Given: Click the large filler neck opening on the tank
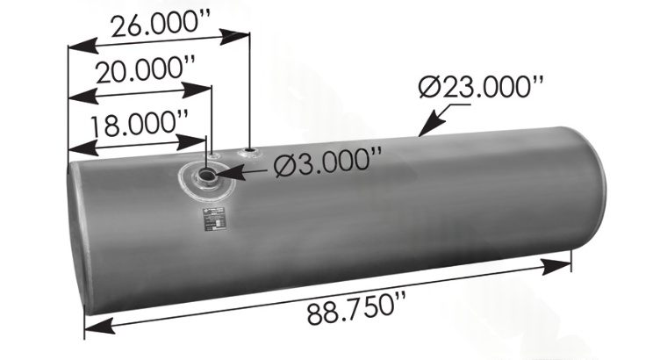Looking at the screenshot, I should point(209,176).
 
